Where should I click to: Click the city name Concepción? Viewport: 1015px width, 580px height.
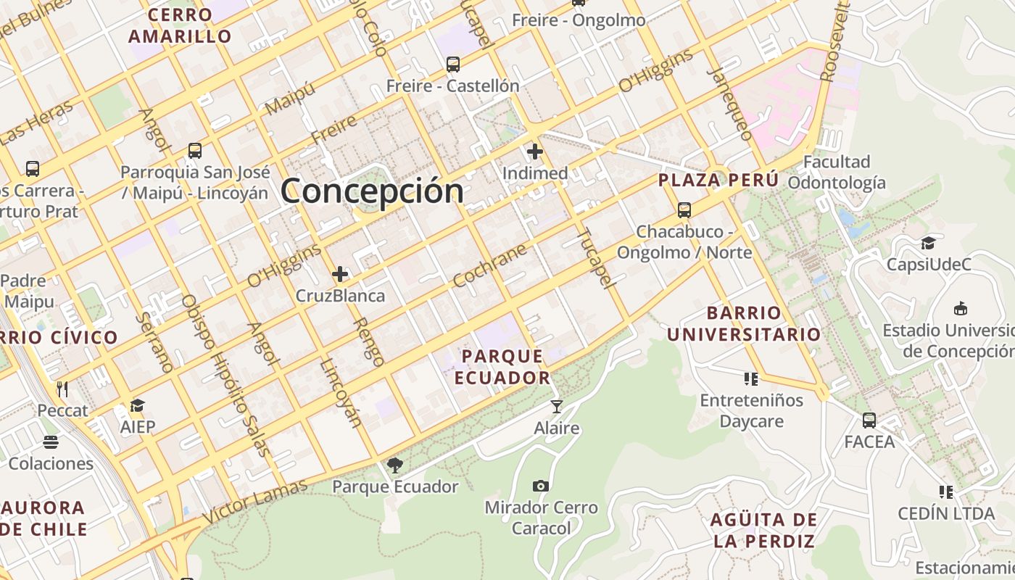pyautogui.click(x=372, y=191)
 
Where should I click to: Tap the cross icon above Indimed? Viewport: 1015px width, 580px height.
pyautogui.click(x=535, y=152)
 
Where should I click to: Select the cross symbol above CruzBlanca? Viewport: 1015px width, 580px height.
pyautogui.click(x=340, y=274)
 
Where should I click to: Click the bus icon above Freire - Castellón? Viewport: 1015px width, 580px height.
pyautogui.click(x=453, y=64)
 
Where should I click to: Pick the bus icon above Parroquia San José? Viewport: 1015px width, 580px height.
pyautogui.click(x=195, y=150)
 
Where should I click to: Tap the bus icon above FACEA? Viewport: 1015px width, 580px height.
pyautogui.click(x=869, y=420)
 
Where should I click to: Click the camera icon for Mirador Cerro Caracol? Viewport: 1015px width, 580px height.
pyautogui.click(x=541, y=486)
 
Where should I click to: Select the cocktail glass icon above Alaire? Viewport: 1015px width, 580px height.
pyautogui.click(x=556, y=406)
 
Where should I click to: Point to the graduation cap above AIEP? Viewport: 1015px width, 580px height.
pyautogui.click(x=138, y=405)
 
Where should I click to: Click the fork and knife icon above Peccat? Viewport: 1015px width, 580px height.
pyautogui.click(x=62, y=389)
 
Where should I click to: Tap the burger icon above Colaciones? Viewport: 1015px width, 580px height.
pyautogui.click(x=51, y=442)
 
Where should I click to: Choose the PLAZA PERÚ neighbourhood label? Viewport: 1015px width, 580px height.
pyautogui.click(x=718, y=180)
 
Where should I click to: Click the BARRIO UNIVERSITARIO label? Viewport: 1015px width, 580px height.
pyautogui.click(x=744, y=323)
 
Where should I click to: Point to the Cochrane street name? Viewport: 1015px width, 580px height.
pyautogui.click(x=489, y=265)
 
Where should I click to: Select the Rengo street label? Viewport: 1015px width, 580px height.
pyautogui.click(x=368, y=341)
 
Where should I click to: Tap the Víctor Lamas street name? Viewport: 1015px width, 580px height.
pyautogui.click(x=254, y=502)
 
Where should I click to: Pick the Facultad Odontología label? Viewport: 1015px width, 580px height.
pyautogui.click(x=837, y=172)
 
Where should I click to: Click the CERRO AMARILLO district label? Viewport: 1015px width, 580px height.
pyautogui.click(x=180, y=25)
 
